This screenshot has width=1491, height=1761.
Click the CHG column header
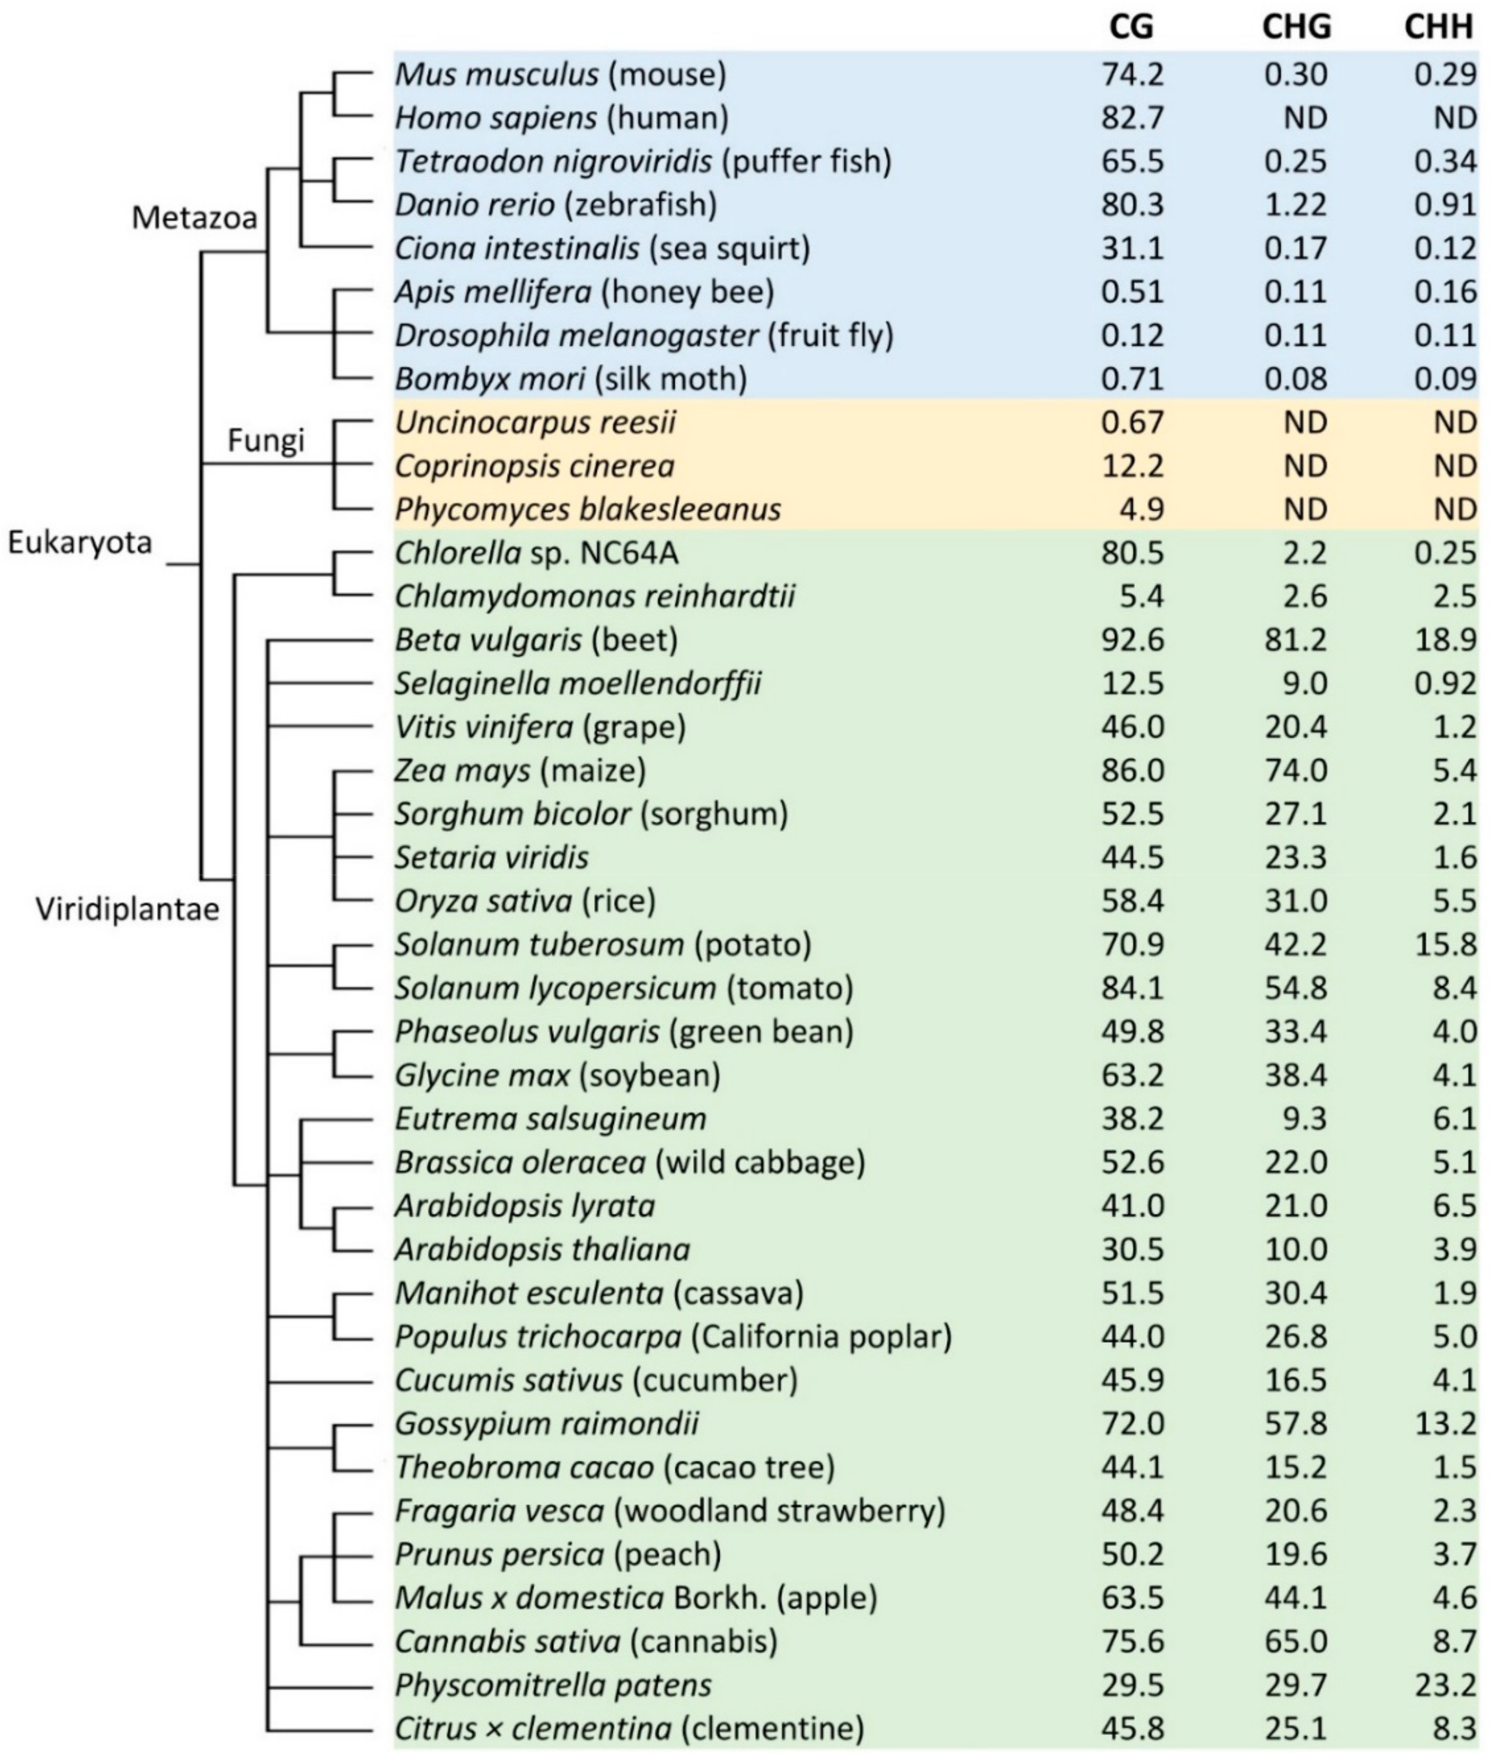point(1296,28)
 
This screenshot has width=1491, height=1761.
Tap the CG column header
point(1131,28)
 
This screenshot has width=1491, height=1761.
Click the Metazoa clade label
point(194,218)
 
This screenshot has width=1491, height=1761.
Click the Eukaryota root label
point(81,542)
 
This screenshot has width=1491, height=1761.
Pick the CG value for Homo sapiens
point(1133,117)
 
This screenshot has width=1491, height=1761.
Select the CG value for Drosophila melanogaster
point(1133,336)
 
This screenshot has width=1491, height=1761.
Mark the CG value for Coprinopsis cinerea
point(1133,466)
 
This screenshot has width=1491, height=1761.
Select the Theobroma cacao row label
point(615,1467)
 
